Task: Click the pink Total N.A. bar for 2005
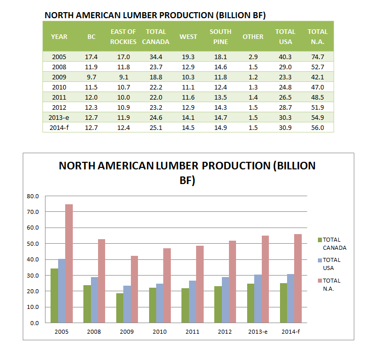click(69, 263)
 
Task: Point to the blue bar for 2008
click(95, 299)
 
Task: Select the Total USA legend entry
click(330, 264)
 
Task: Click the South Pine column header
click(220, 36)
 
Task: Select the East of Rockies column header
click(123, 36)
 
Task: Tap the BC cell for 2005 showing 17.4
click(91, 57)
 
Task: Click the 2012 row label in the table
click(59, 107)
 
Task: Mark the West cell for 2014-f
click(188, 127)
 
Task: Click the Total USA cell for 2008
click(285, 67)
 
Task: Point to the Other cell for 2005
click(253, 57)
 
